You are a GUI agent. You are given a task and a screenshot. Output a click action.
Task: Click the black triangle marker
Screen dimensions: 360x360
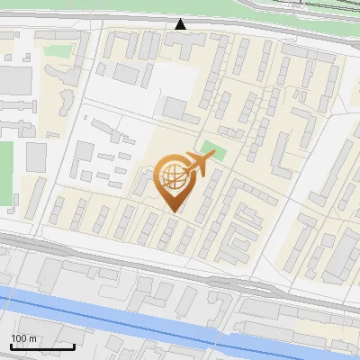click(x=181, y=25)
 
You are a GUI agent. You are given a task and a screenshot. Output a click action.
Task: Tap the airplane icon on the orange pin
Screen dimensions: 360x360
click(x=197, y=164)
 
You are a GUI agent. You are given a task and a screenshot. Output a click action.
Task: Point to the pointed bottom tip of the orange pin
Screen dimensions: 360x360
click(x=171, y=211)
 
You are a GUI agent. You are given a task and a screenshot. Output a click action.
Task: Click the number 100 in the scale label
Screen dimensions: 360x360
click(x=18, y=338)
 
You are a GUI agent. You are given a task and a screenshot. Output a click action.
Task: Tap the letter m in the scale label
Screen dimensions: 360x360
click(x=31, y=338)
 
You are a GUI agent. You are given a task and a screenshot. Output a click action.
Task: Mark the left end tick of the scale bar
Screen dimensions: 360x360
click(x=10, y=345)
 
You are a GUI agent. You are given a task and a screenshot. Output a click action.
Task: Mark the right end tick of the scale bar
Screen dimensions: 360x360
click(x=75, y=345)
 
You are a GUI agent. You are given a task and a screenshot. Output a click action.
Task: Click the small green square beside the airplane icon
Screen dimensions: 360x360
click(x=211, y=148)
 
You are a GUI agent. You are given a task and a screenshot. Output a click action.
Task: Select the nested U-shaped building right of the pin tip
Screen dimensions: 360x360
click(x=243, y=238)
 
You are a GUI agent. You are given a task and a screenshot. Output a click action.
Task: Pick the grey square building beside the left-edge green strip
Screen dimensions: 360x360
click(x=35, y=157)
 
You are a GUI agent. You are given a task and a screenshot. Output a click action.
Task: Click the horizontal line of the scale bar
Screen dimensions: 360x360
click(x=42, y=346)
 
